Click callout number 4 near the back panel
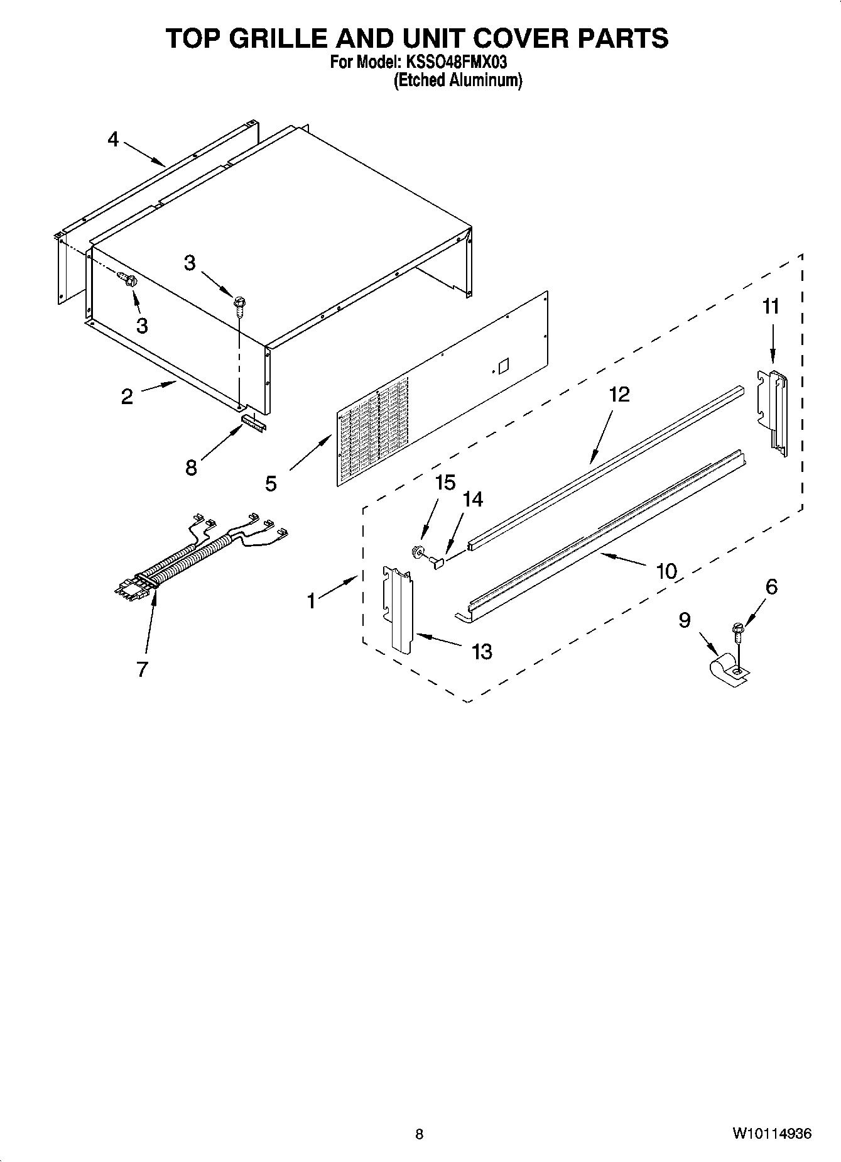(112, 139)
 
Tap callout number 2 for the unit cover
(127, 397)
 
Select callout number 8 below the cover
(191, 468)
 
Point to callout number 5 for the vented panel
(271, 483)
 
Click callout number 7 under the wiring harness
(142, 669)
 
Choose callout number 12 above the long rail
(619, 394)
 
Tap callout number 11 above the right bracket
(771, 307)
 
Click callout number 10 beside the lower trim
(666, 571)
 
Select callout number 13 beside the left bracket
(482, 652)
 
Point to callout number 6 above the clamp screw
(771, 586)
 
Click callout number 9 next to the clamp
(685, 620)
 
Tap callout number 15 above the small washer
(445, 483)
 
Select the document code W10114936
(771, 1134)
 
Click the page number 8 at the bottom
(420, 1134)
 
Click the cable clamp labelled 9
(729, 671)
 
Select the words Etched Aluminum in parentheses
(457, 80)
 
